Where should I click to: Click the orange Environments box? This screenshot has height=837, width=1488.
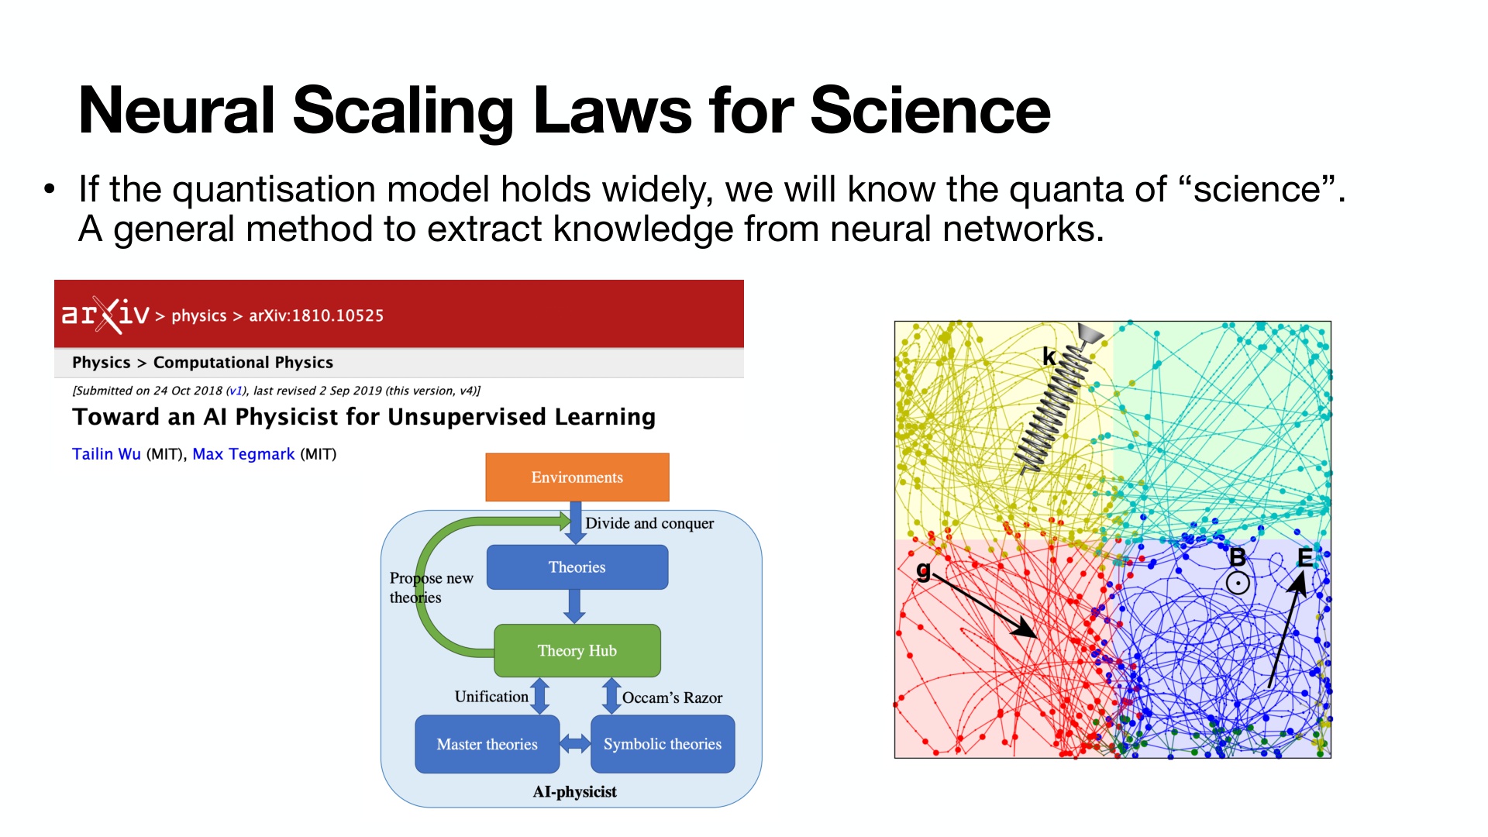[x=577, y=477]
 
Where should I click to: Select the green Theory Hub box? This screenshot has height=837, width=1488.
[x=577, y=651]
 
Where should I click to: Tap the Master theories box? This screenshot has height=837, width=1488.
[x=487, y=744]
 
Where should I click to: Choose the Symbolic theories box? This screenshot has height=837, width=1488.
[x=662, y=744]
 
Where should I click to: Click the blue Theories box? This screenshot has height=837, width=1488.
[x=577, y=567]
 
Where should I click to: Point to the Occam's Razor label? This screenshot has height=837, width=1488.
[x=672, y=697]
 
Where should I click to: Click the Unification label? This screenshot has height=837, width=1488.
[x=491, y=697]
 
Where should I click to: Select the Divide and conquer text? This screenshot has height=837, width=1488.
[x=649, y=523]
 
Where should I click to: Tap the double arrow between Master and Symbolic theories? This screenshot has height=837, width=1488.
[x=575, y=744]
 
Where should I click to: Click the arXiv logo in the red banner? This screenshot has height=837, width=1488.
[x=105, y=315]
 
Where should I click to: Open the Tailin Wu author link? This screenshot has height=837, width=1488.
[x=106, y=454]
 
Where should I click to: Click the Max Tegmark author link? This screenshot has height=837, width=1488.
[x=243, y=454]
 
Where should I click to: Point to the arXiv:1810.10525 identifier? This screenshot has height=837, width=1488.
[x=316, y=315]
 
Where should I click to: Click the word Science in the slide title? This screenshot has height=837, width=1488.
[x=930, y=111]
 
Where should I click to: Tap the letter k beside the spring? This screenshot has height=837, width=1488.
[x=1049, y=356]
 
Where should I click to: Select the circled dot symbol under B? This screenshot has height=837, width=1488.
[x=1238, y=583]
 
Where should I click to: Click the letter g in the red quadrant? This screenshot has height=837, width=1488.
[x=923, y=571]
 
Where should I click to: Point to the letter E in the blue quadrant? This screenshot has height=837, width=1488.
[x=1305, y=558]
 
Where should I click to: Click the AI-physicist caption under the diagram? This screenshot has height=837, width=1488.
[x=574, y=792]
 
